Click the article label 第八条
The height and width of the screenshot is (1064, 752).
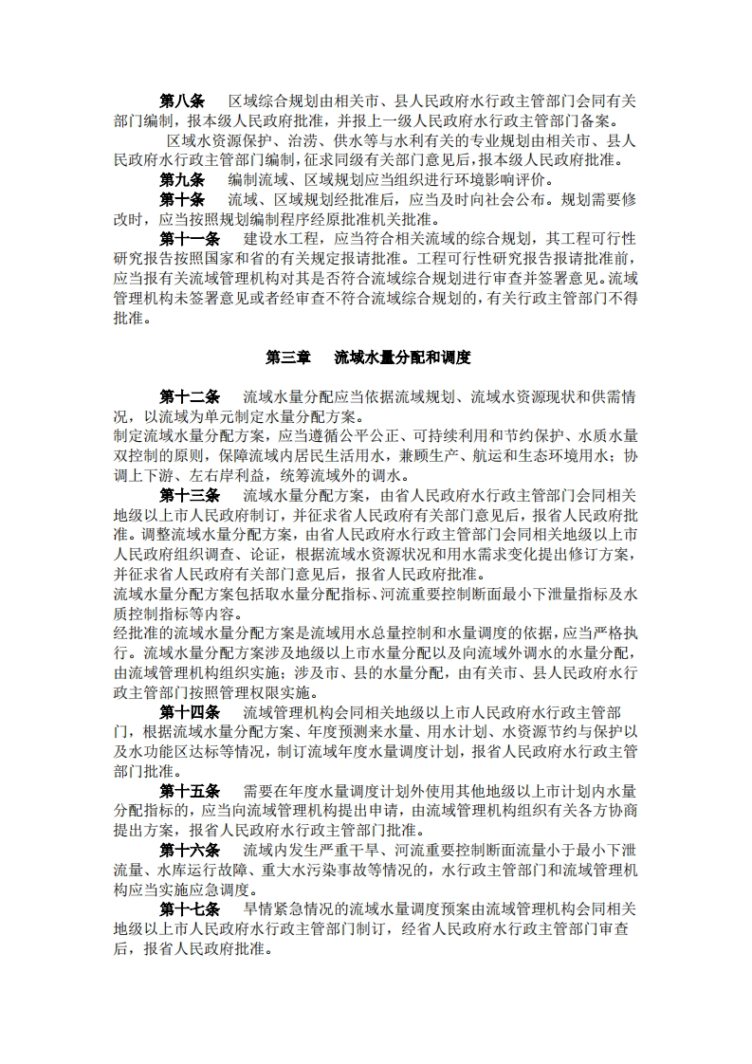(182, 101)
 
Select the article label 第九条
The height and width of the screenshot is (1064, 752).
(182, 180)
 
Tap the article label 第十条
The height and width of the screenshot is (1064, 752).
(182, 199)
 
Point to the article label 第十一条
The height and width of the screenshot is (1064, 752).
(190, 239)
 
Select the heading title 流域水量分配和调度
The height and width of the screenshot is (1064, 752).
(404, 358)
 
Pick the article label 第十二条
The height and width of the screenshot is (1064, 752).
(190, 396)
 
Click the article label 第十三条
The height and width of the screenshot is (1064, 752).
(190, 495)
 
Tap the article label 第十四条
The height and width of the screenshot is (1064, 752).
(190, 711)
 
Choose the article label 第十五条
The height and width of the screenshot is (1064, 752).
(190, 790)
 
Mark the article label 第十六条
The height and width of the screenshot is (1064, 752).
(190, 849)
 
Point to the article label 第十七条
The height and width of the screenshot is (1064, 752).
(190, 908)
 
